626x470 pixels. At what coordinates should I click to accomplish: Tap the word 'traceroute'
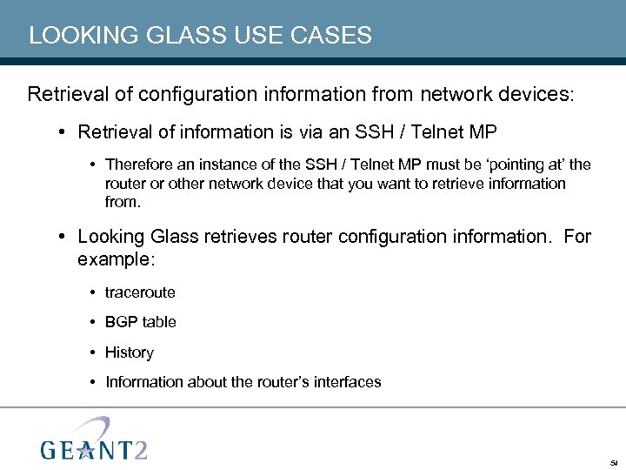pos(140,292)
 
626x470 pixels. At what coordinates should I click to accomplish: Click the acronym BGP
pos(122,322)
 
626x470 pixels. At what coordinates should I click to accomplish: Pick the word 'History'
pos(130,352)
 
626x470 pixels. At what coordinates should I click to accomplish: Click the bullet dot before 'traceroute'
pos(92,292)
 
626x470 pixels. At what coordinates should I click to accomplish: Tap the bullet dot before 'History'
pos(92,352)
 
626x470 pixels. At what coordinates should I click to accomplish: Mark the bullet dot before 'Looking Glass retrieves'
pos(65,237)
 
